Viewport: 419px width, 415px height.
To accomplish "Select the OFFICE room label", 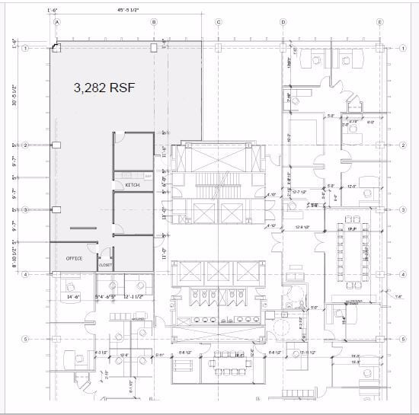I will coord(74,257).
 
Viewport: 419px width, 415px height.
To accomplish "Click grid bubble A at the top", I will coord(56,22).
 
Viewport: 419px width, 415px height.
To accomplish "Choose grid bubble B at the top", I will coord(154,22).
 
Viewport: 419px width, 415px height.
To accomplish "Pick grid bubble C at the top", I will coord(218,22).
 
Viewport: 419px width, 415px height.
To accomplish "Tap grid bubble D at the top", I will coord(283,22).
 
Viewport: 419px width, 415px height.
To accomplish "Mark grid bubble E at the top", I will coord(379,22).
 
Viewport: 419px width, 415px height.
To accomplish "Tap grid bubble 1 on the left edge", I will coord(26,48).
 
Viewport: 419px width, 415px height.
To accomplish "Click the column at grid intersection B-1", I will coord(153,48).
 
